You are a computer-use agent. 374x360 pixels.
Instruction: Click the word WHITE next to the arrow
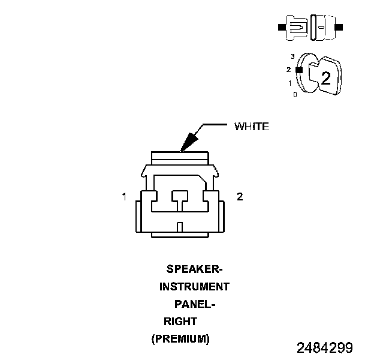[251, 127]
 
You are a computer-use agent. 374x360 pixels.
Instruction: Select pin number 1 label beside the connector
[124, 197]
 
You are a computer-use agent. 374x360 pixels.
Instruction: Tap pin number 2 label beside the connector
[240, 197]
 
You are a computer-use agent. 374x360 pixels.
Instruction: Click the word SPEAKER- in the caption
[189, 269]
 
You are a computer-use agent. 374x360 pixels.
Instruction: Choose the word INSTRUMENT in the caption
[194, 287]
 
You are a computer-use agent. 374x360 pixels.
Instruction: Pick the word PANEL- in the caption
[194, 304]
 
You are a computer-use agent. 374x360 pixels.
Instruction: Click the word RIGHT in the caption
[180, 322]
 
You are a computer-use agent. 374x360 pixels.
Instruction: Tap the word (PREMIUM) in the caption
[180, 339]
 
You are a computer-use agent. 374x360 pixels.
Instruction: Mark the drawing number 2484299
[324, 348]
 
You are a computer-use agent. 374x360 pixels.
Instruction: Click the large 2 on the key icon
[325, 77]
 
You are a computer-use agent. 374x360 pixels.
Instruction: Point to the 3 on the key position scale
[292, 56]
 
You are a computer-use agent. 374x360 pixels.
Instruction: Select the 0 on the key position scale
[294, 94]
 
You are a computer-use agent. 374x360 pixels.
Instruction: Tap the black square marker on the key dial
[298, 70]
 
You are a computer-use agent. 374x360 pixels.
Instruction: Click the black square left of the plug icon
[280, 28]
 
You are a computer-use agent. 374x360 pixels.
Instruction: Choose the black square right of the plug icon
[340, 28]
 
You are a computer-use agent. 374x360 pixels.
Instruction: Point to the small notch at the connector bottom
[180, 227]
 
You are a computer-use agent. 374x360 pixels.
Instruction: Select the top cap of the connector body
[180, 158]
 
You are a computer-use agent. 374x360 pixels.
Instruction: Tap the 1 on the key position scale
[290, 83]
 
